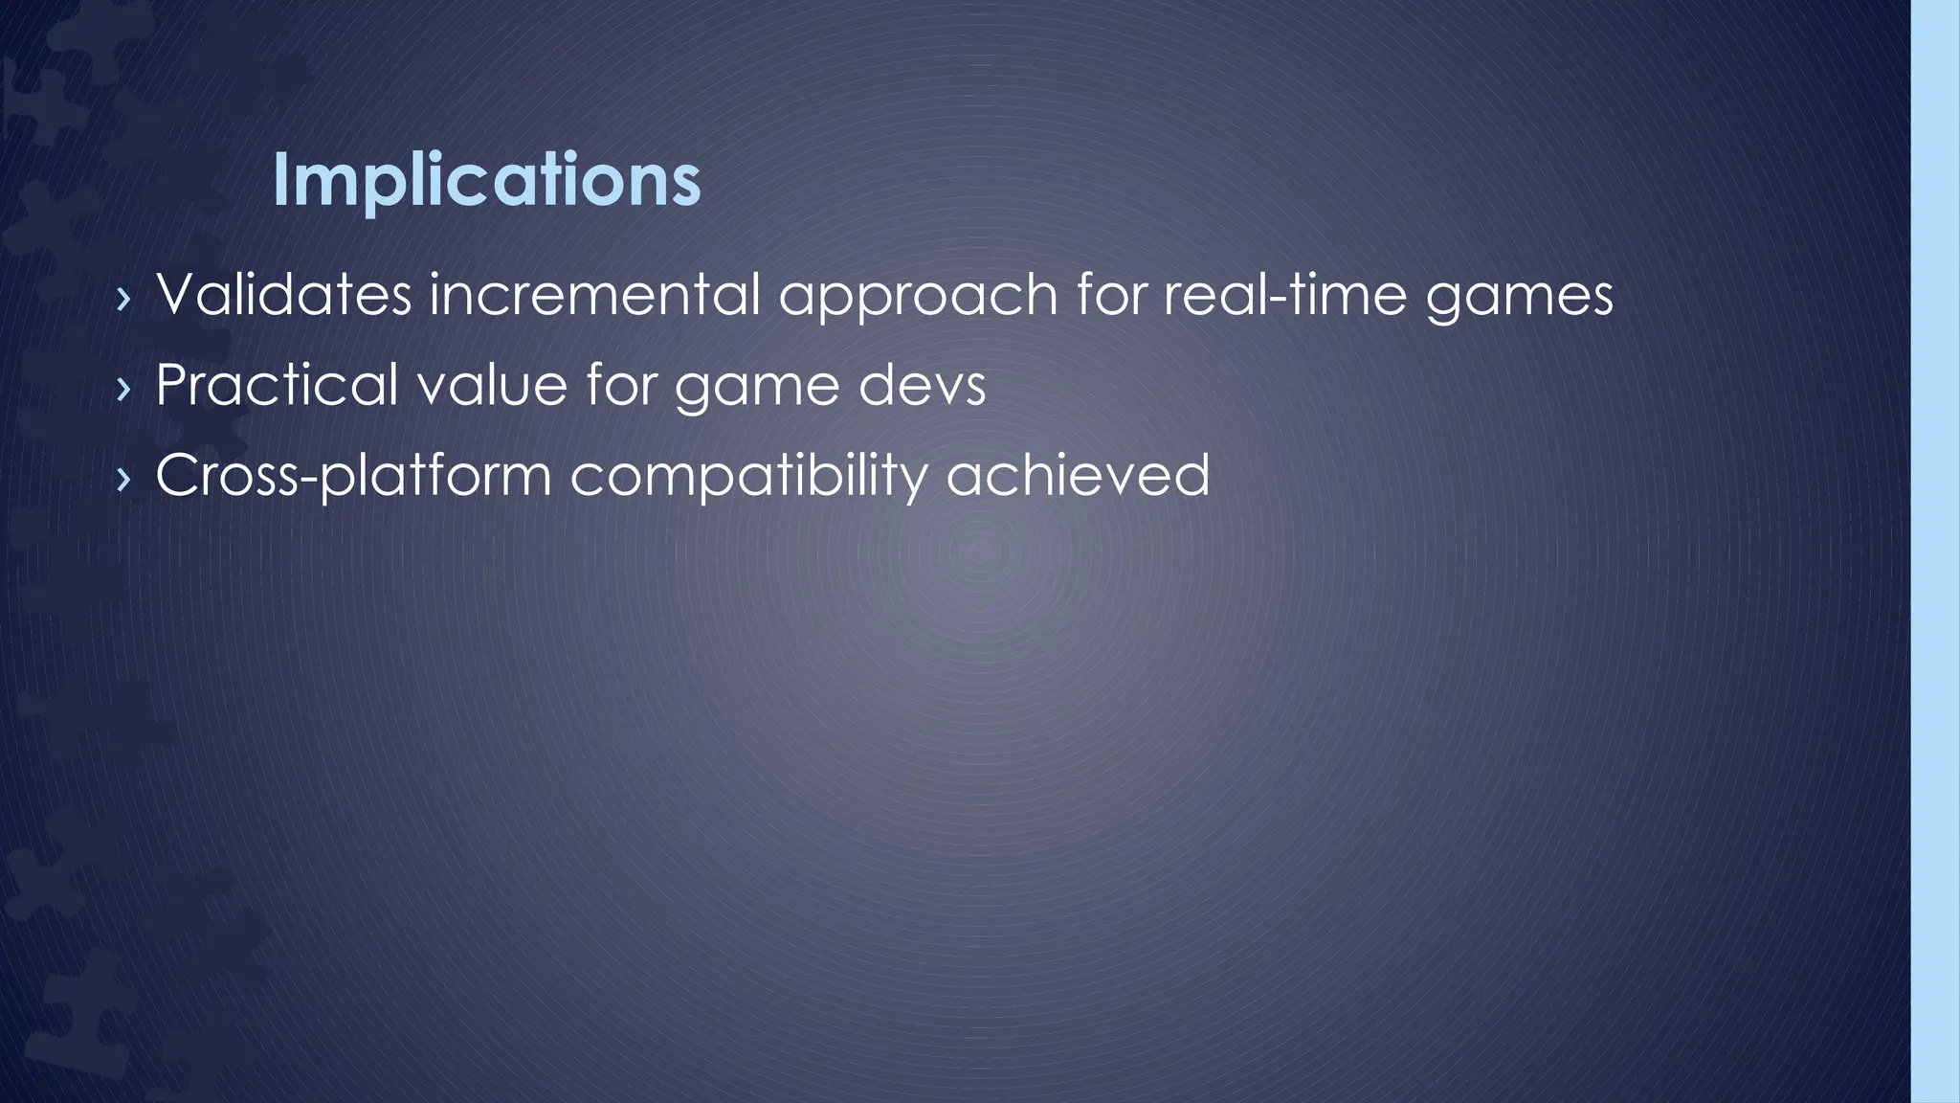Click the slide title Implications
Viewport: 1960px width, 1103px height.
(486, 180)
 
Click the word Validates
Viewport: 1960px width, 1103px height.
(283, 295)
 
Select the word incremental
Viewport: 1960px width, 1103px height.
(594, 295)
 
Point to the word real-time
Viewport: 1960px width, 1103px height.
(1284, 295)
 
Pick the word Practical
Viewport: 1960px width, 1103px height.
(277, 385)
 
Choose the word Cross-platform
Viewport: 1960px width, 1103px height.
(353, 476)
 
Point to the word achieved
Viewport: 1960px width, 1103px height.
(1078, 476)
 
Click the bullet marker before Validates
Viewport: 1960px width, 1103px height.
(122, 299)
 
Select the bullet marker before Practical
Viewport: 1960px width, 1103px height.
(122, 389)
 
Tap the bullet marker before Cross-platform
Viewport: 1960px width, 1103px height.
(122, 479)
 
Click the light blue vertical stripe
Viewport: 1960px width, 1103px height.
(1935, 551)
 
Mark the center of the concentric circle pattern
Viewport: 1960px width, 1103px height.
(977, 551)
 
